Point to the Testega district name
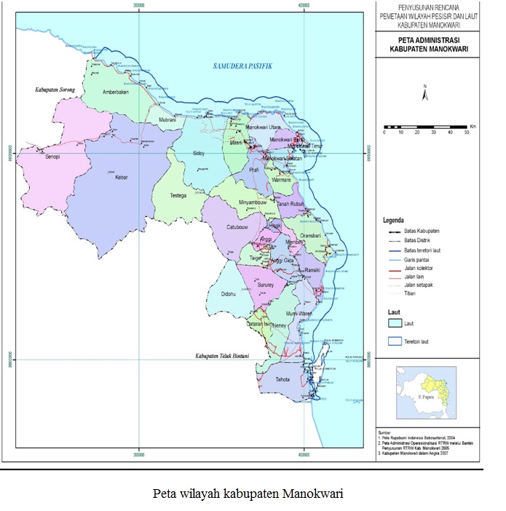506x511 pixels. pyautogui.click(x=179, y=196)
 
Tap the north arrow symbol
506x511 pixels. pyautogui.click(x=424, y=92)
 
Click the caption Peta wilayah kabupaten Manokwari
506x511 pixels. pyautogui.click(x=249, y=493)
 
